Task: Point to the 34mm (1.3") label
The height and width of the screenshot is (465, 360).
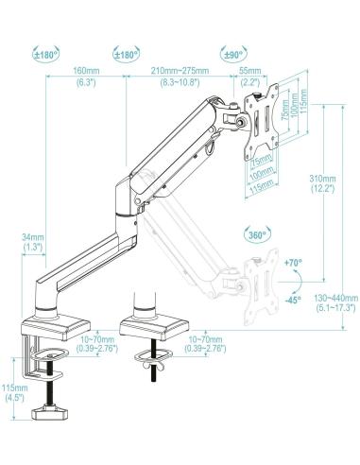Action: pos(32,242)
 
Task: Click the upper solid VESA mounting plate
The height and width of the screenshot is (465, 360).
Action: pos(274,117)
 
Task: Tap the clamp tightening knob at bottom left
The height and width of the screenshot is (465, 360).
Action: pos(53,411)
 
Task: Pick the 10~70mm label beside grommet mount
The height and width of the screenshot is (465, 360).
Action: pos(208,344)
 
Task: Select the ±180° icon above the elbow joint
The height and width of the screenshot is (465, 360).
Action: pos(128,55)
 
